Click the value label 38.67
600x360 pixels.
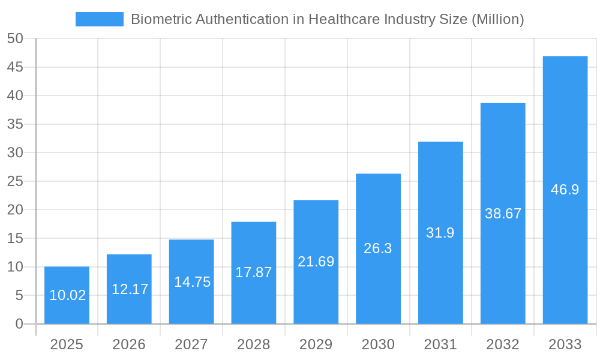point(503,214)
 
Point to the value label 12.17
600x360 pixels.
point(130,289)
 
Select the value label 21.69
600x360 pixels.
point(316,262)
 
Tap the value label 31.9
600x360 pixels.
point(440,233)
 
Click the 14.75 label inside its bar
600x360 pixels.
point(192,282)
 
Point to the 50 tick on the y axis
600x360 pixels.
point(15,38)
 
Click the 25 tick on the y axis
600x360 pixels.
point(15,181)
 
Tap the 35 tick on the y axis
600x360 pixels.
point(15,124)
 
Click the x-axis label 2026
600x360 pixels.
point(129,344)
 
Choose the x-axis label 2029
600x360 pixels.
point(316,344)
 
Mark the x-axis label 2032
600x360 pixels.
point(503,344)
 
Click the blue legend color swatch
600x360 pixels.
point(99,19)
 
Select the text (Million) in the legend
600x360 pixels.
point(498,19)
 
